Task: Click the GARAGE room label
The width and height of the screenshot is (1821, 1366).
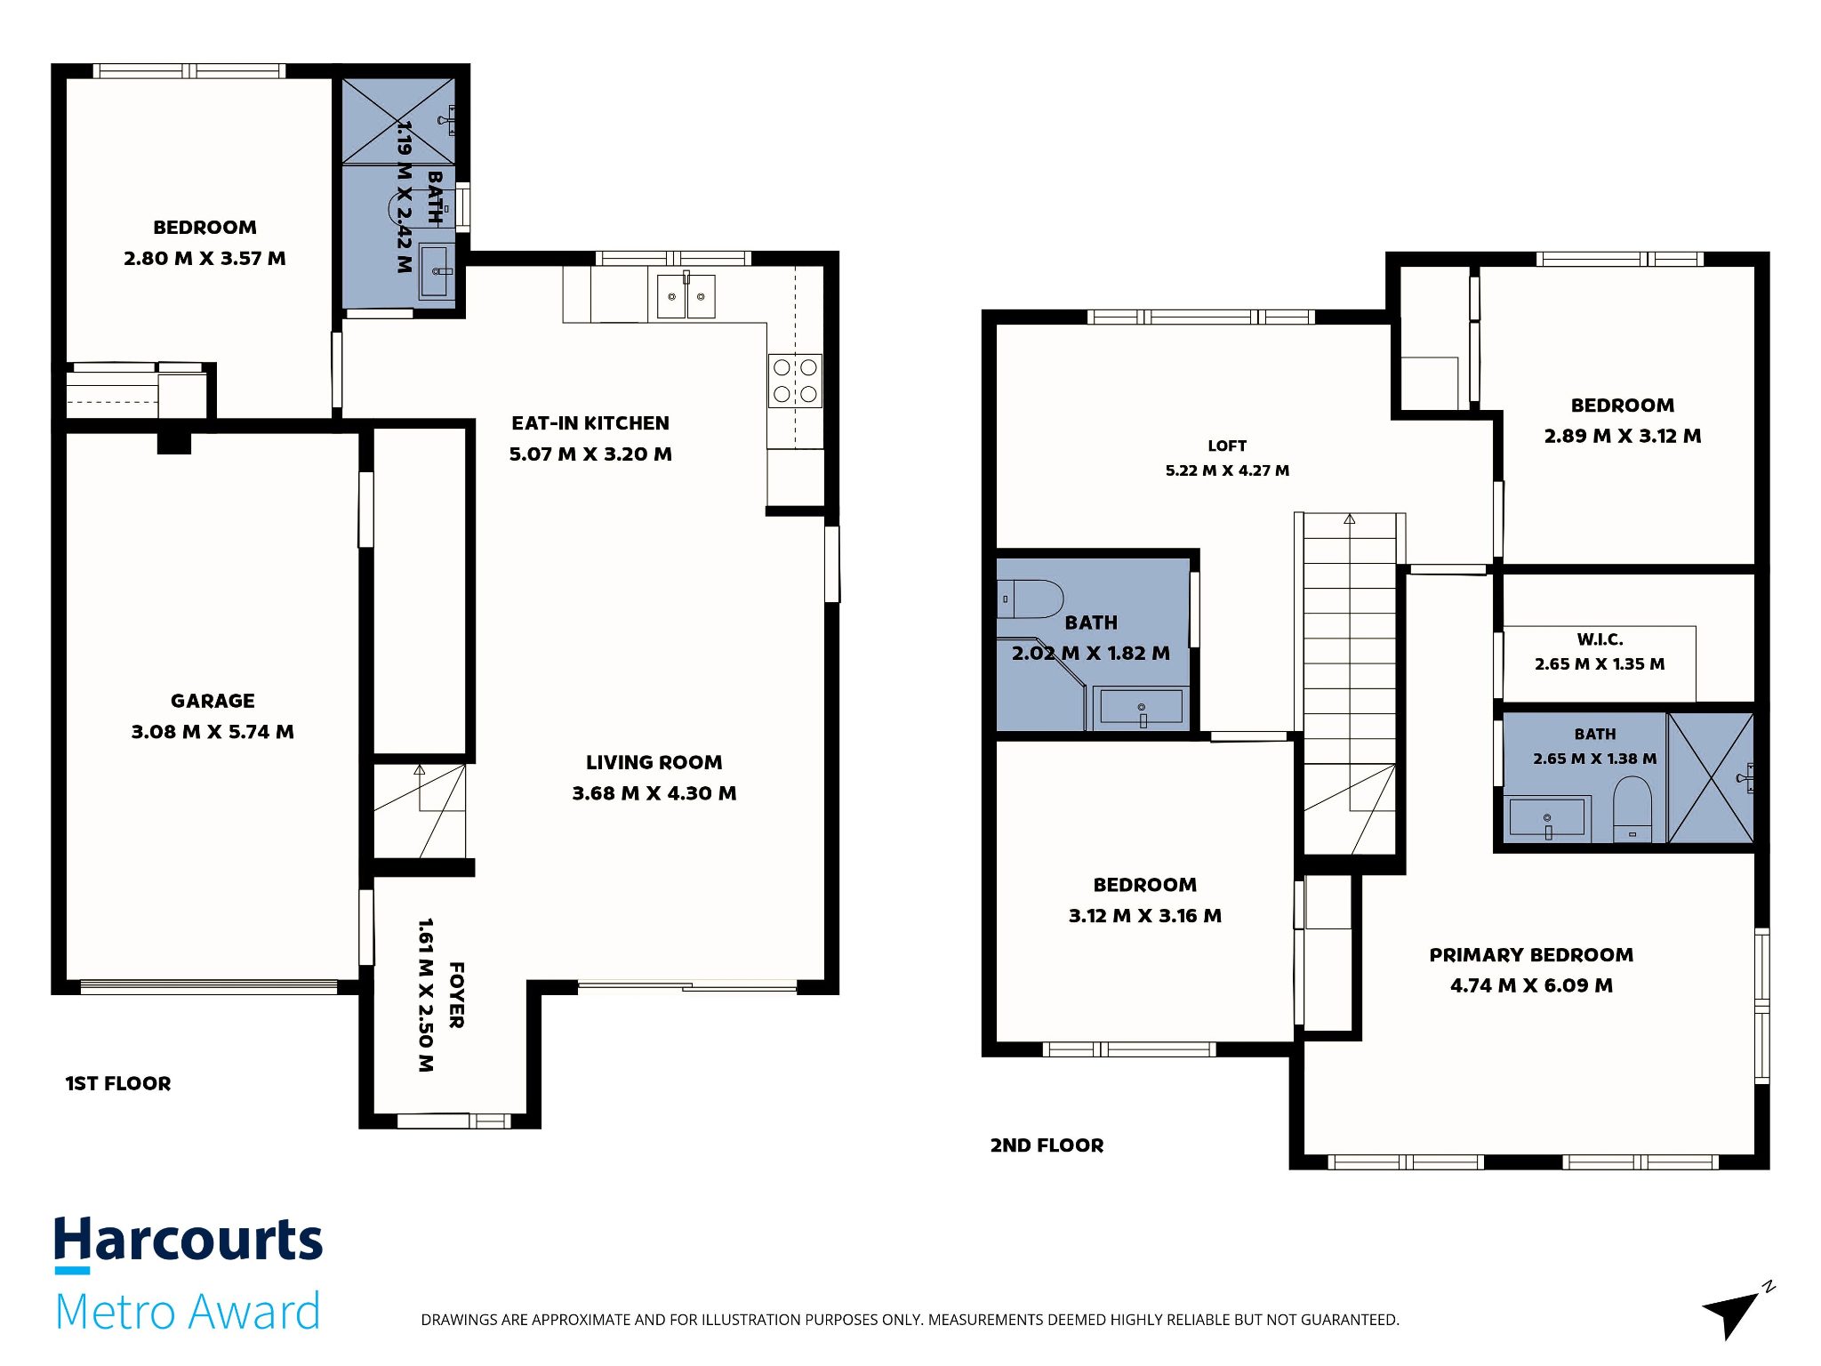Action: (x=213, y=701)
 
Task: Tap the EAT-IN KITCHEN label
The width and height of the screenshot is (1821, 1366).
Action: (x=590, y=423)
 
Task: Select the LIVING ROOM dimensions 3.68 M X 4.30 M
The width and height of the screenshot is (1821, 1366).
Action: (x=654, y=793)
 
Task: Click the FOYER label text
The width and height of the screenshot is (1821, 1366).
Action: (x=456, y=995)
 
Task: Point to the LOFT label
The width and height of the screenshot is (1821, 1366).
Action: (x=1227, y=446)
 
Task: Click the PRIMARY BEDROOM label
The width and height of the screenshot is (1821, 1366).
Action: (x=1531, y=955)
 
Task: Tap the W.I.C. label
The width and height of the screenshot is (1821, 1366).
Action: (x=1600, y=639)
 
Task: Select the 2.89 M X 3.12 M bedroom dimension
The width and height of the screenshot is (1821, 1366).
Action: (x=1623, y=436)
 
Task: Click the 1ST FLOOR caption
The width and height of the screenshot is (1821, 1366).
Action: (x=118, y=1083)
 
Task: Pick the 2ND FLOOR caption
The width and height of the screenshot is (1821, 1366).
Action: (x=1047, y=1145)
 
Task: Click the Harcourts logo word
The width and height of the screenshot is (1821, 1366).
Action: (x=189, y=1241)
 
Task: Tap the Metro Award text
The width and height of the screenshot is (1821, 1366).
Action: (x=188, y=1312)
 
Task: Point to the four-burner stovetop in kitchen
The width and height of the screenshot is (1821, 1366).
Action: (x=795, y=381)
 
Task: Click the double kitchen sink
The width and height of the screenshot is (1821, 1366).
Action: (x=686, y=296)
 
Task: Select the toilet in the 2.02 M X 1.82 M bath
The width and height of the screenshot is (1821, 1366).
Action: (x=1030, y=599)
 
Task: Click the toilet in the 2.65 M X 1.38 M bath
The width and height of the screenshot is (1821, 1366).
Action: (x=1632, y=808)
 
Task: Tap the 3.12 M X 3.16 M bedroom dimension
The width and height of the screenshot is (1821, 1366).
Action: (x=1145, y=916)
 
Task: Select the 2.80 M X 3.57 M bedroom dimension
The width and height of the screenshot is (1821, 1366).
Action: (x=205, y=259)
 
